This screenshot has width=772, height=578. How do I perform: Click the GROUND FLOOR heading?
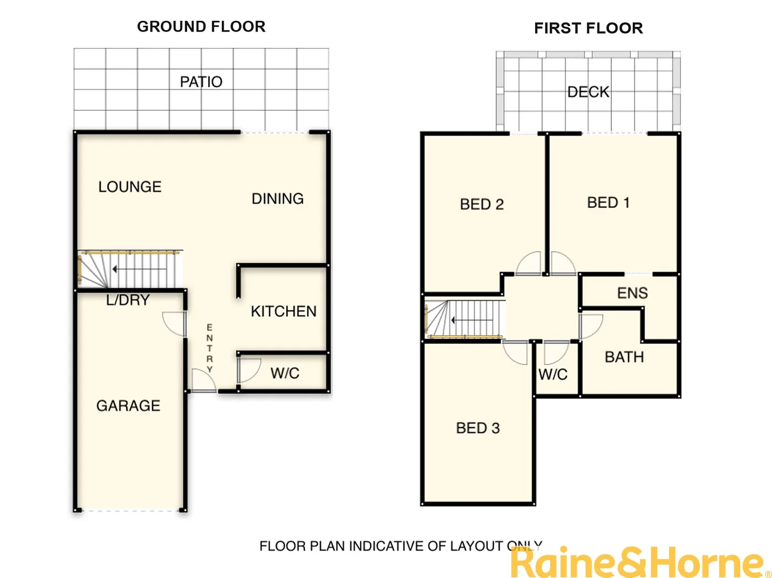pyautogui.click(x=201, y=27)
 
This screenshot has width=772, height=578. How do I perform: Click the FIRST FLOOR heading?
pyautogui.click(x=588, y=28)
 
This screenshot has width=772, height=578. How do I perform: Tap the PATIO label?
pyautogui.click(x=201, y=82)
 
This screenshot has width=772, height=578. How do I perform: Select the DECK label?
pyautogui.click(x=588, y=92)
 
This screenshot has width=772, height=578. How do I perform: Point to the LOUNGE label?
pyautogui.click(x=130, y=187)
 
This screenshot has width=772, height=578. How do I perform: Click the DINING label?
pyautogui.click(x=278, y=199)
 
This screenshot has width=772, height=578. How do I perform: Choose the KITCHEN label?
pyautogui.click(x=283, y=311)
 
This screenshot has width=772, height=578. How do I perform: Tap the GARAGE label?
pyautogui.click(x=128, y=406)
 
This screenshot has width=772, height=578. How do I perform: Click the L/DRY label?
pyautogui.click(x=128, y=300)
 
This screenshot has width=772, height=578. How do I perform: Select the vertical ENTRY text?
pyautogui.click(x=209, y=348)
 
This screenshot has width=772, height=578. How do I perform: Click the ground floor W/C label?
pyautogui.click(x=284, y=374)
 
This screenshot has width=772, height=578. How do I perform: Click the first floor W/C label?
pyautogui.click(x=553, y=375)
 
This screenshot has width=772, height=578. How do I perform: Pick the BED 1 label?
pyautogui.click(x=608, y=203)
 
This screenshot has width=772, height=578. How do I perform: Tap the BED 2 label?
pyautogui.click(x=482, y=204)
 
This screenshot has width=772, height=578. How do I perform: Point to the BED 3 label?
pyautogui.click(x=477, y=428)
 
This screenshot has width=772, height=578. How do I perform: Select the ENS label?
pyautogui.click(x=632, y=293)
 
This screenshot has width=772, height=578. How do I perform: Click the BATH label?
pyautogui.click(x=624, y=357)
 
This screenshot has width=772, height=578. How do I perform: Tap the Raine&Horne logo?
pyautogui.click(x=638, y=563)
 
